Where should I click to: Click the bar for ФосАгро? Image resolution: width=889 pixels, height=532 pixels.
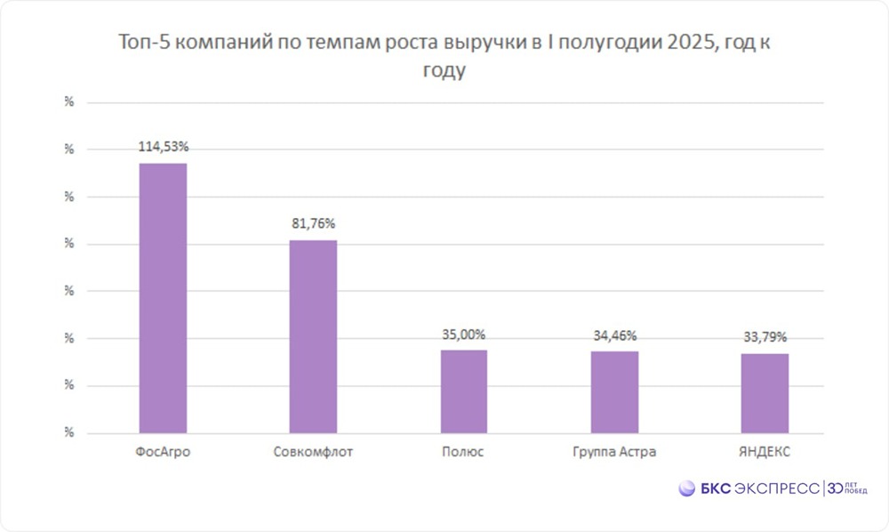[x=164, y=298]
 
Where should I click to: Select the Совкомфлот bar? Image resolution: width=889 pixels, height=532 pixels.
[x=314, y=336]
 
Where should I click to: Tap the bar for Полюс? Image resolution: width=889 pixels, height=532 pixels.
[x=464, y=391]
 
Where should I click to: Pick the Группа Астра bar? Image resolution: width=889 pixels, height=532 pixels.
[x=614, y=392]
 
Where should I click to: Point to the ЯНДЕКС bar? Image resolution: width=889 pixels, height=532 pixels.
[x=765, y=393]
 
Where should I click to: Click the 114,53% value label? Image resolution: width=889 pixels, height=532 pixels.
[x=164, y=145]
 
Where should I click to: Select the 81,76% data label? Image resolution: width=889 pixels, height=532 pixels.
[x=314, y=223]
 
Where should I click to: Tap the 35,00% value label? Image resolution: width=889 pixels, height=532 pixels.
[x=464, y=335]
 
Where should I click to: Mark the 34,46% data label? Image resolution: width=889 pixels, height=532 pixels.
[x=614, y=336]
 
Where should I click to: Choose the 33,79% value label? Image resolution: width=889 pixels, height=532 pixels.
[x=765, y=337]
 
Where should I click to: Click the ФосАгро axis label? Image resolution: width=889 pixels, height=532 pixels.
[x=164, y=452]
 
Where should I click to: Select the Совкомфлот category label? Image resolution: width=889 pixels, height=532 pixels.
[x=314, y=452]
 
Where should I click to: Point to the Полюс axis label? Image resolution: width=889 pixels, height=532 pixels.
[x=463, y=452]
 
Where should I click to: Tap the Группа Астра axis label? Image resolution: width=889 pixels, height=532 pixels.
[x=614, y=452]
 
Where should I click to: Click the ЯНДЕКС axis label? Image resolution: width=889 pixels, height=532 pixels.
[x=765, y=452]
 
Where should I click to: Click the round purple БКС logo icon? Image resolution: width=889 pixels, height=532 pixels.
[x=687, y=488]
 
